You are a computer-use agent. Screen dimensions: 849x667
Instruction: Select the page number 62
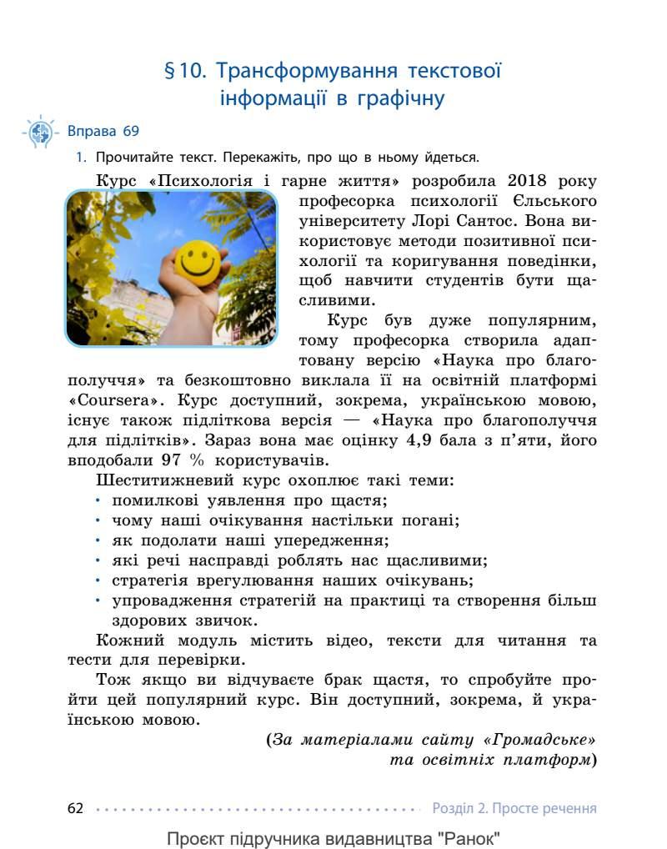pos(76,808)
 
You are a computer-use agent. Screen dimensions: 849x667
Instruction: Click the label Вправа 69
pos(103,131)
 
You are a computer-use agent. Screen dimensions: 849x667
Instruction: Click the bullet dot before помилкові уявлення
pos(98,500)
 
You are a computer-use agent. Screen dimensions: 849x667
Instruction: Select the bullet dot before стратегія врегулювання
pos(98,580)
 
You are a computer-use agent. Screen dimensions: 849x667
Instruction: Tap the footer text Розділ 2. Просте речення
pos(514,808)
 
